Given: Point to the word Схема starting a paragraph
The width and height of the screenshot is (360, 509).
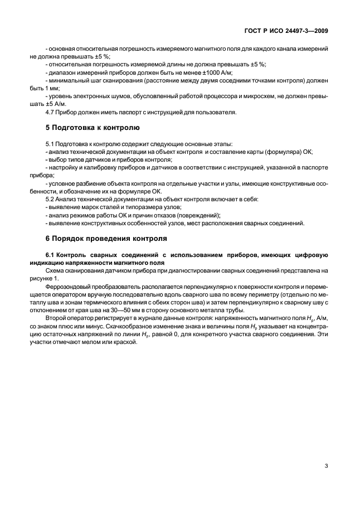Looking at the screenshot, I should tap(56, 270).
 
